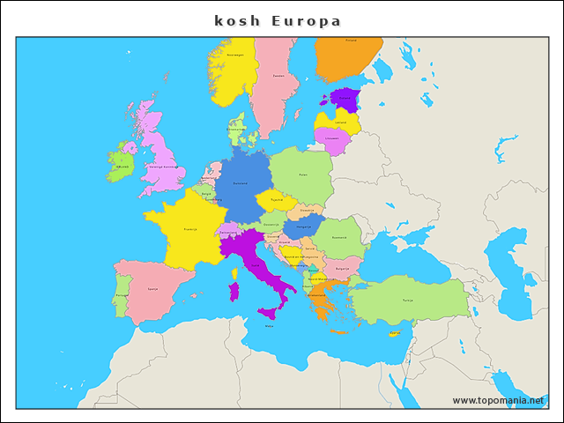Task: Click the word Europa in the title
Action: point(306,20)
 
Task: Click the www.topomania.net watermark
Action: point(499,400)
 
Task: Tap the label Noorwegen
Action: point(234,55)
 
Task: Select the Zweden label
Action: point(278,76)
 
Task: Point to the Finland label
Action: point(351,41)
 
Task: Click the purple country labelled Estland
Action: point(345,99)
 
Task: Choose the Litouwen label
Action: point(331,138)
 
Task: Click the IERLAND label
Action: point(122,166)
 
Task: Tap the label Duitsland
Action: point(240,183)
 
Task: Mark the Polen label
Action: point(302,174)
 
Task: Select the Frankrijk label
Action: point(190,229)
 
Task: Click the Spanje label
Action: point(153,288)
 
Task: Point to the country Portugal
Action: point(122,295)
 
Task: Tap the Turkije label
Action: point(407,300)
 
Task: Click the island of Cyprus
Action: point(395,333)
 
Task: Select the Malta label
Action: point(270,326)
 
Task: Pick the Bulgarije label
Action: point(342,268)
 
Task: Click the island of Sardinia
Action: point(234,291)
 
